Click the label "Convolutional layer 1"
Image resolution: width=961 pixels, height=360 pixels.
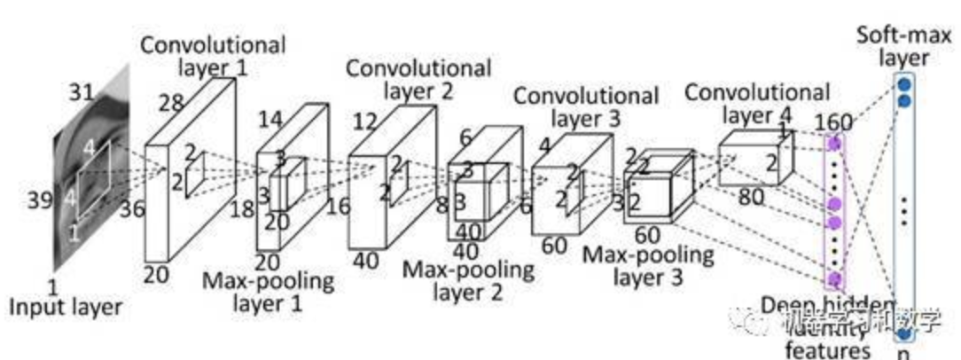[213, 54]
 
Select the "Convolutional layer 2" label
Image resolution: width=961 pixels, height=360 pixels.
[418, 78]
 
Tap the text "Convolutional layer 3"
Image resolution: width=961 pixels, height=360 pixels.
[585, 105]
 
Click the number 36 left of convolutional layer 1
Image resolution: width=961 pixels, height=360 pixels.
[134, 209]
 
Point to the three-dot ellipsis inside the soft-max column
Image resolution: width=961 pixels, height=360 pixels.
[904, 210]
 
